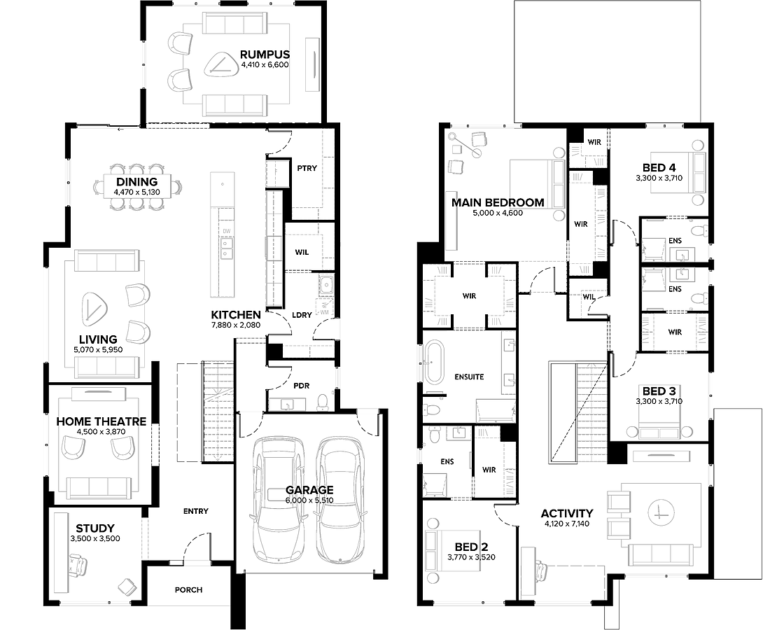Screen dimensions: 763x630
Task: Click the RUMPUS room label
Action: tap(265, 55)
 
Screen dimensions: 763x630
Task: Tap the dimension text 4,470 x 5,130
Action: tap(136, 192)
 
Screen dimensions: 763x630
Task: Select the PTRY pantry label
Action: tap(307, 168)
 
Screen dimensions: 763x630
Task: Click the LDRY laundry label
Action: tap(302, 315)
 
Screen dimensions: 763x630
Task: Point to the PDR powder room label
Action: tap(302, 386)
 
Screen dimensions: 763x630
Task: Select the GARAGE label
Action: tap(309, 490)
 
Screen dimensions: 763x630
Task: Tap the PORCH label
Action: tap(189, 590)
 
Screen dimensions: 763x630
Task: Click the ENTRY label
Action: tap(195, 511)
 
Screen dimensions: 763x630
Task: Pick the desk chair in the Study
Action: tap(78, 566)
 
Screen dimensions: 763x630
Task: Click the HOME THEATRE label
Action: tap(101, 421)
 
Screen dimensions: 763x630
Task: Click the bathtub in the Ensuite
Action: tap(433, 363)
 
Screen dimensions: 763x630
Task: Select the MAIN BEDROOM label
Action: tap(498, 202)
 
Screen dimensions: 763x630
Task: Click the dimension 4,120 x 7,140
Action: tap(567, 524)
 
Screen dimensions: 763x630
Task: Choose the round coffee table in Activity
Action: tap(661, 513)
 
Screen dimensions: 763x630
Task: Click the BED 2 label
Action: tap(471, 547)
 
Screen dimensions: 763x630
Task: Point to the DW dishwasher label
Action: tap(227, 232)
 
